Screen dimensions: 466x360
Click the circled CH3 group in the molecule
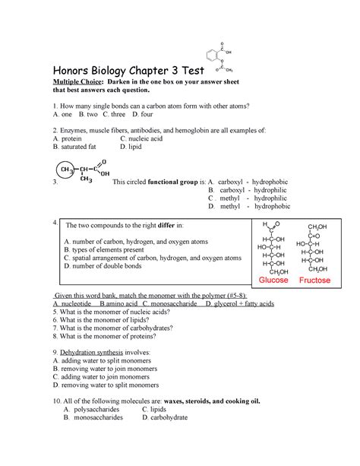pos(68,170)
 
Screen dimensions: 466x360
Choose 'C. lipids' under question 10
pos(160,408)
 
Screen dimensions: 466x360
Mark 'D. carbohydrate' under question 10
pos(169,417)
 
